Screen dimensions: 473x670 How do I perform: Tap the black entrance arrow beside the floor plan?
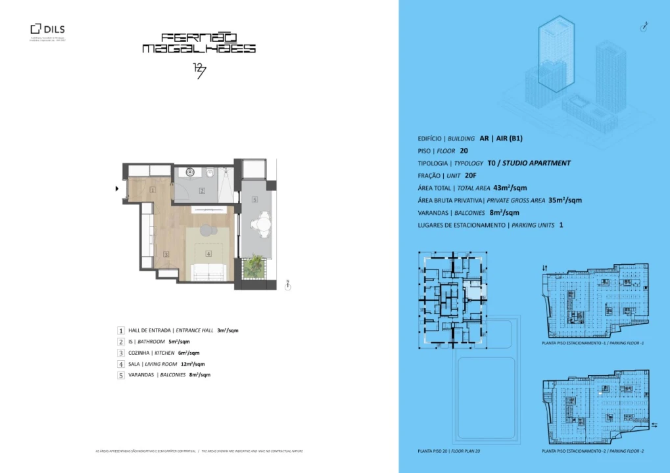coord(117,189)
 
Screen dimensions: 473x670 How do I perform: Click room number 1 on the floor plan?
coord(152,190)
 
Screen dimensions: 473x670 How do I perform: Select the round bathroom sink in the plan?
coord(190,172)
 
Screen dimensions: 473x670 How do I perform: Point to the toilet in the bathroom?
coord(209,173)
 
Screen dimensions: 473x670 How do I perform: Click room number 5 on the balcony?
coord(254,199)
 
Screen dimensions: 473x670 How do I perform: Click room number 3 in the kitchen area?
coord(166,254)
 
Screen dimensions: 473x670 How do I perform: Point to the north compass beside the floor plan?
coord(288,286)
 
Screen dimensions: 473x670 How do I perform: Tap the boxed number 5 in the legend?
coord(121,375)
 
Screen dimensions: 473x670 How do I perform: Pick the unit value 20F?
coord(470,175)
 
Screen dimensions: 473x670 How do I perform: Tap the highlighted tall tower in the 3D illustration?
coord(556,53)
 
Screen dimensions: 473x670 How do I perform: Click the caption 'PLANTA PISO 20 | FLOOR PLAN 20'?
coord(449,451)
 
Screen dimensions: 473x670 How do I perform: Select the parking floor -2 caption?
coord(592,451)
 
